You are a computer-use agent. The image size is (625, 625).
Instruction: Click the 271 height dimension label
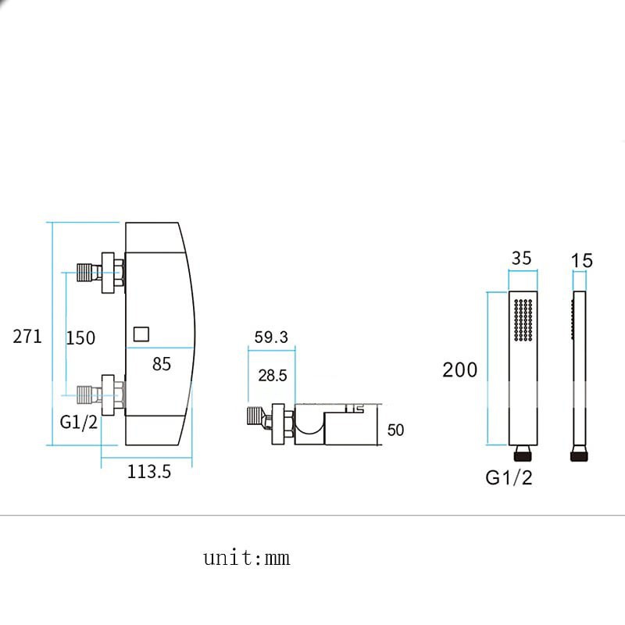pos(27,337)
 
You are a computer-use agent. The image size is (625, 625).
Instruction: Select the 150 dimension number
pos(80,338)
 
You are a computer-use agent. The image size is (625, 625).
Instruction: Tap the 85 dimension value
pos(162,364)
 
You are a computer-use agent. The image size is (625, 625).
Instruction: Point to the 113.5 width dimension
pos(149,472)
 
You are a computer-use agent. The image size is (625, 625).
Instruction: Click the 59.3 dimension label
pos(271,337)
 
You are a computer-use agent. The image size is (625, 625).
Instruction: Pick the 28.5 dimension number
pos(273,376)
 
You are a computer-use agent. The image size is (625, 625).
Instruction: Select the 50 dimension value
pos(395,430)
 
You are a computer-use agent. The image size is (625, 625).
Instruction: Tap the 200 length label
pos(459,370)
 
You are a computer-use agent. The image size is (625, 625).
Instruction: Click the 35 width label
pos(521,259)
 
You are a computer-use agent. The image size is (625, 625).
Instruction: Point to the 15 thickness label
pos(581,261)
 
